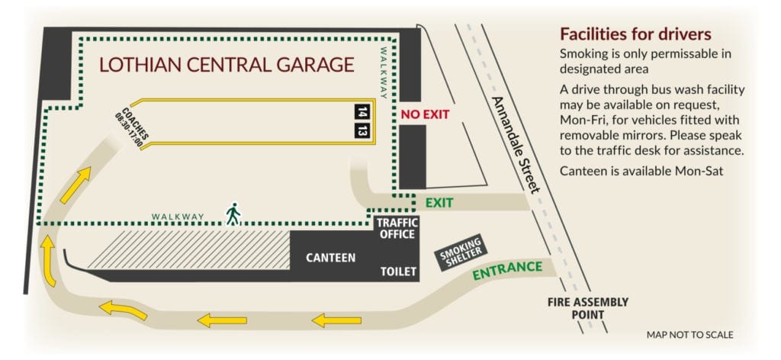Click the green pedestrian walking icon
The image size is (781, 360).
[233, 214]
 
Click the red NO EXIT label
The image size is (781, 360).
[425, 114]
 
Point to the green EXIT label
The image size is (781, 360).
[439, 203]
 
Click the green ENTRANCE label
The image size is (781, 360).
[507, 270]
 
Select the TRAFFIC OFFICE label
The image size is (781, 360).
[397, 228]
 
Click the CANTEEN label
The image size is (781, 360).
[330, 258]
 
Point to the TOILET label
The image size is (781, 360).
[399, 271]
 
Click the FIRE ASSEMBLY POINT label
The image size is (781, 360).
[588, 308]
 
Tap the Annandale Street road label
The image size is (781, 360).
[516, 144]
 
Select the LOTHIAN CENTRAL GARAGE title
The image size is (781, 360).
[227, 64]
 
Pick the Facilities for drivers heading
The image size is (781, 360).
[635, 34]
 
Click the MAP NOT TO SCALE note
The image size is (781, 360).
[690, 334]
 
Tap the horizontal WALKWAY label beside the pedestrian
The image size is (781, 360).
[178, 217]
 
